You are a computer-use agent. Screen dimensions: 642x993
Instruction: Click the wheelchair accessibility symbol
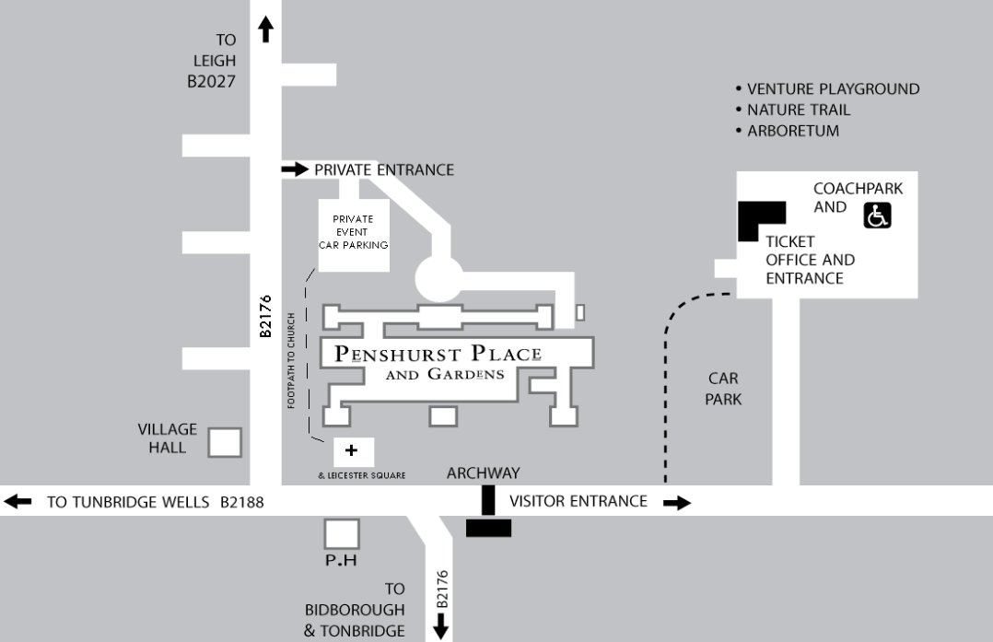(877, 216)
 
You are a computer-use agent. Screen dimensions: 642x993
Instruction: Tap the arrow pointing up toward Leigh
(266, 29)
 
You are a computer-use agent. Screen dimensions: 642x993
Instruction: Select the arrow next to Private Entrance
(295, 169)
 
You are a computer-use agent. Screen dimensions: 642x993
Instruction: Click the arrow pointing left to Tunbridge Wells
(18, 502)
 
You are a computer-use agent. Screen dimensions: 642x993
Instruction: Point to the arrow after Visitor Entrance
(676, 502)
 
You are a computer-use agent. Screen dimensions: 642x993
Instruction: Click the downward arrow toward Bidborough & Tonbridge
(441, 626)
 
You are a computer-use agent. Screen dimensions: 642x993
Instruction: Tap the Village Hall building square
(224, 442)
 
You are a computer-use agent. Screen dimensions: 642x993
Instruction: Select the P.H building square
(343, 533)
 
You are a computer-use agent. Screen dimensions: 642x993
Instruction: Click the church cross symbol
(351, 451)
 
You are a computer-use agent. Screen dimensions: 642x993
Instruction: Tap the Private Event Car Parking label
(354, 232)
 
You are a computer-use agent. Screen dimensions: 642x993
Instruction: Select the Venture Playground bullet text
(832, 89)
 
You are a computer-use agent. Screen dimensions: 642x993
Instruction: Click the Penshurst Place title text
(438, 354)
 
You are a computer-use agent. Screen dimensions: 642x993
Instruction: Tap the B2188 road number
(242, 503)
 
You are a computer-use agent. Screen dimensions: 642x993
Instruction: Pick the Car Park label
(724, 389)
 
